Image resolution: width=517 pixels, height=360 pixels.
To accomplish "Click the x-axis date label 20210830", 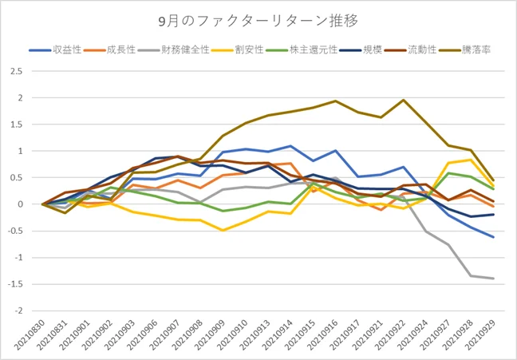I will coord(31,334).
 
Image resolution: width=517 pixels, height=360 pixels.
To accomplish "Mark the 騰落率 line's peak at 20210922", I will coord(403,101).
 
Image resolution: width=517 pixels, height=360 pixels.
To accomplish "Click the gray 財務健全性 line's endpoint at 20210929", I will coord(494,279).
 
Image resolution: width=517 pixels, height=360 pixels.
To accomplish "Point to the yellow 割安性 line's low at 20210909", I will coord(223,230).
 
